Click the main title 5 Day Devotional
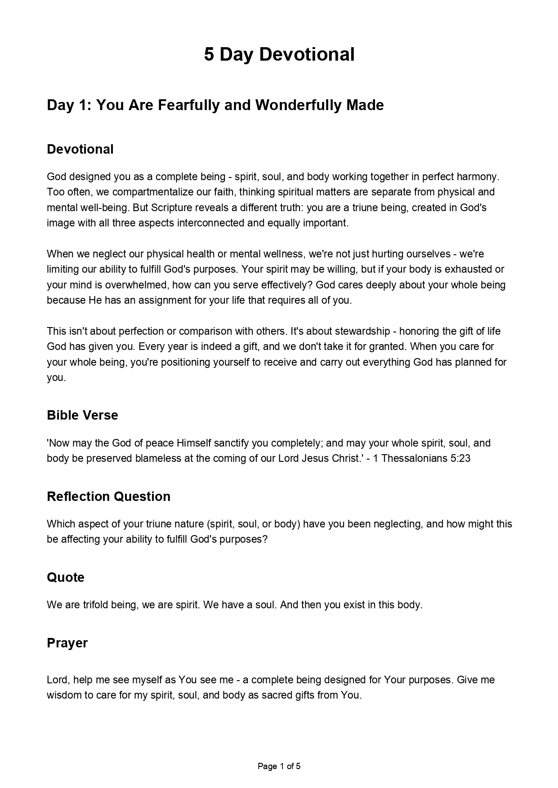coord(279,54)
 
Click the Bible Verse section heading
coord(82,415)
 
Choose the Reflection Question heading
coord(108,496)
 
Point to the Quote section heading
coord(66,577)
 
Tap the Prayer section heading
coord(67,643)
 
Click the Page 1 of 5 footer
coord(279,766)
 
